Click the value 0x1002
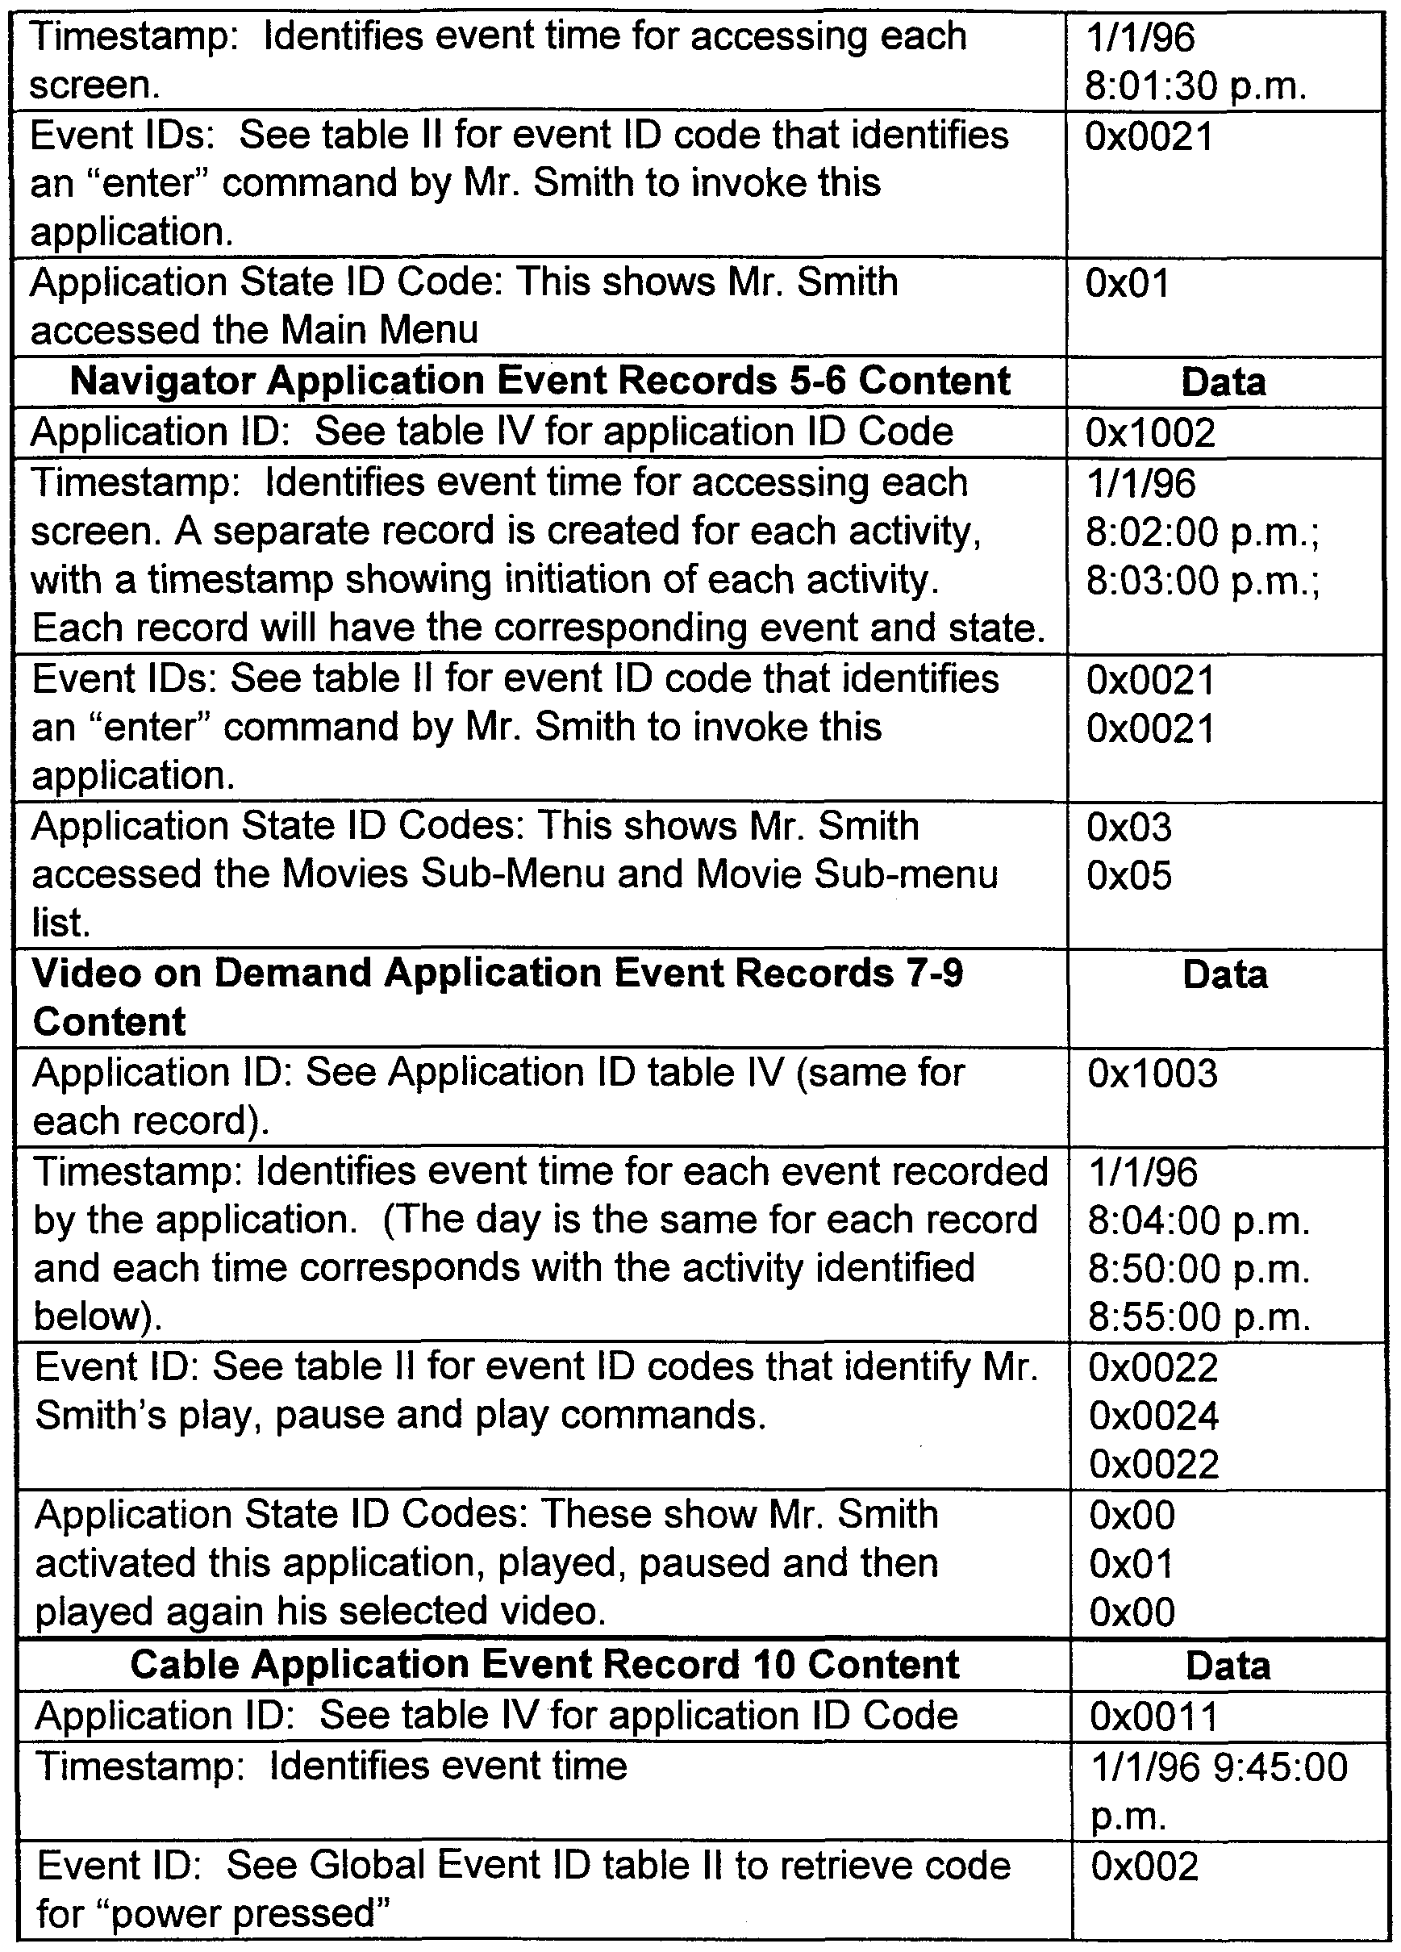1151,433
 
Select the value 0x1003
1153,1074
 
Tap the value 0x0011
1154,1718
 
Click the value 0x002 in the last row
1145,1866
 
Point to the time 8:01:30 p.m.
1196,86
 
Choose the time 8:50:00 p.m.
1199,1270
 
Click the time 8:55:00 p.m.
1199,1318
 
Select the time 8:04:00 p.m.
1199,1220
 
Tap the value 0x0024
1154,1416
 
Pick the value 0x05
1129,876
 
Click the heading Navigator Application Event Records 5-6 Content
540,382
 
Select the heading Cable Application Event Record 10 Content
544,1665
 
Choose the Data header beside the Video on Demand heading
1224,975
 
